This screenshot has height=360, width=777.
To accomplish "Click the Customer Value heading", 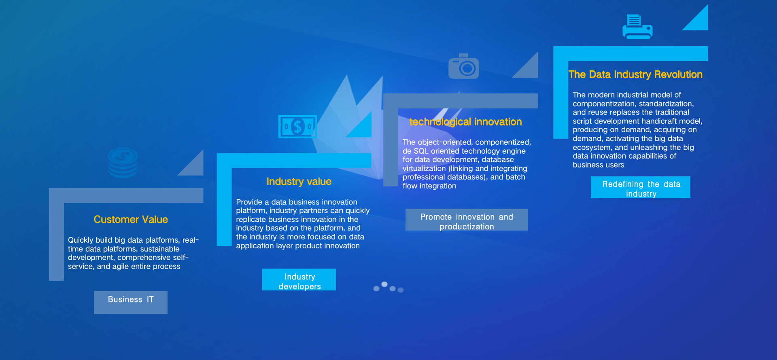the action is [131, 220].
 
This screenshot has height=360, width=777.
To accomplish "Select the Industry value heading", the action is [299, 182].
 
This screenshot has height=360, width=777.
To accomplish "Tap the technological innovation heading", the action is [465, 122].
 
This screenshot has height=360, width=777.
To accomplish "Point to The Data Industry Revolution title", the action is [635, 74].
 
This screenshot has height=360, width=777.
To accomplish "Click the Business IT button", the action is [131, 302].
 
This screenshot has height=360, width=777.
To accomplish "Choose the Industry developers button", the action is [299, 280].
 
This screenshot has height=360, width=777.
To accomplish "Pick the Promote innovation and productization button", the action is [467, 220].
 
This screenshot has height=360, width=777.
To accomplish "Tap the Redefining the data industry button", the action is [641, 187].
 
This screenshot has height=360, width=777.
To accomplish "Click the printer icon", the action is [637, 27].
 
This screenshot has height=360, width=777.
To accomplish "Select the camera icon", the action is [464, 66].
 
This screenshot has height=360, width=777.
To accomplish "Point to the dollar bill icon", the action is [297, 127].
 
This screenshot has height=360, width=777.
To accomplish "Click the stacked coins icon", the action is [123, 163].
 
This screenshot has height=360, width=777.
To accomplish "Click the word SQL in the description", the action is [421, 151].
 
